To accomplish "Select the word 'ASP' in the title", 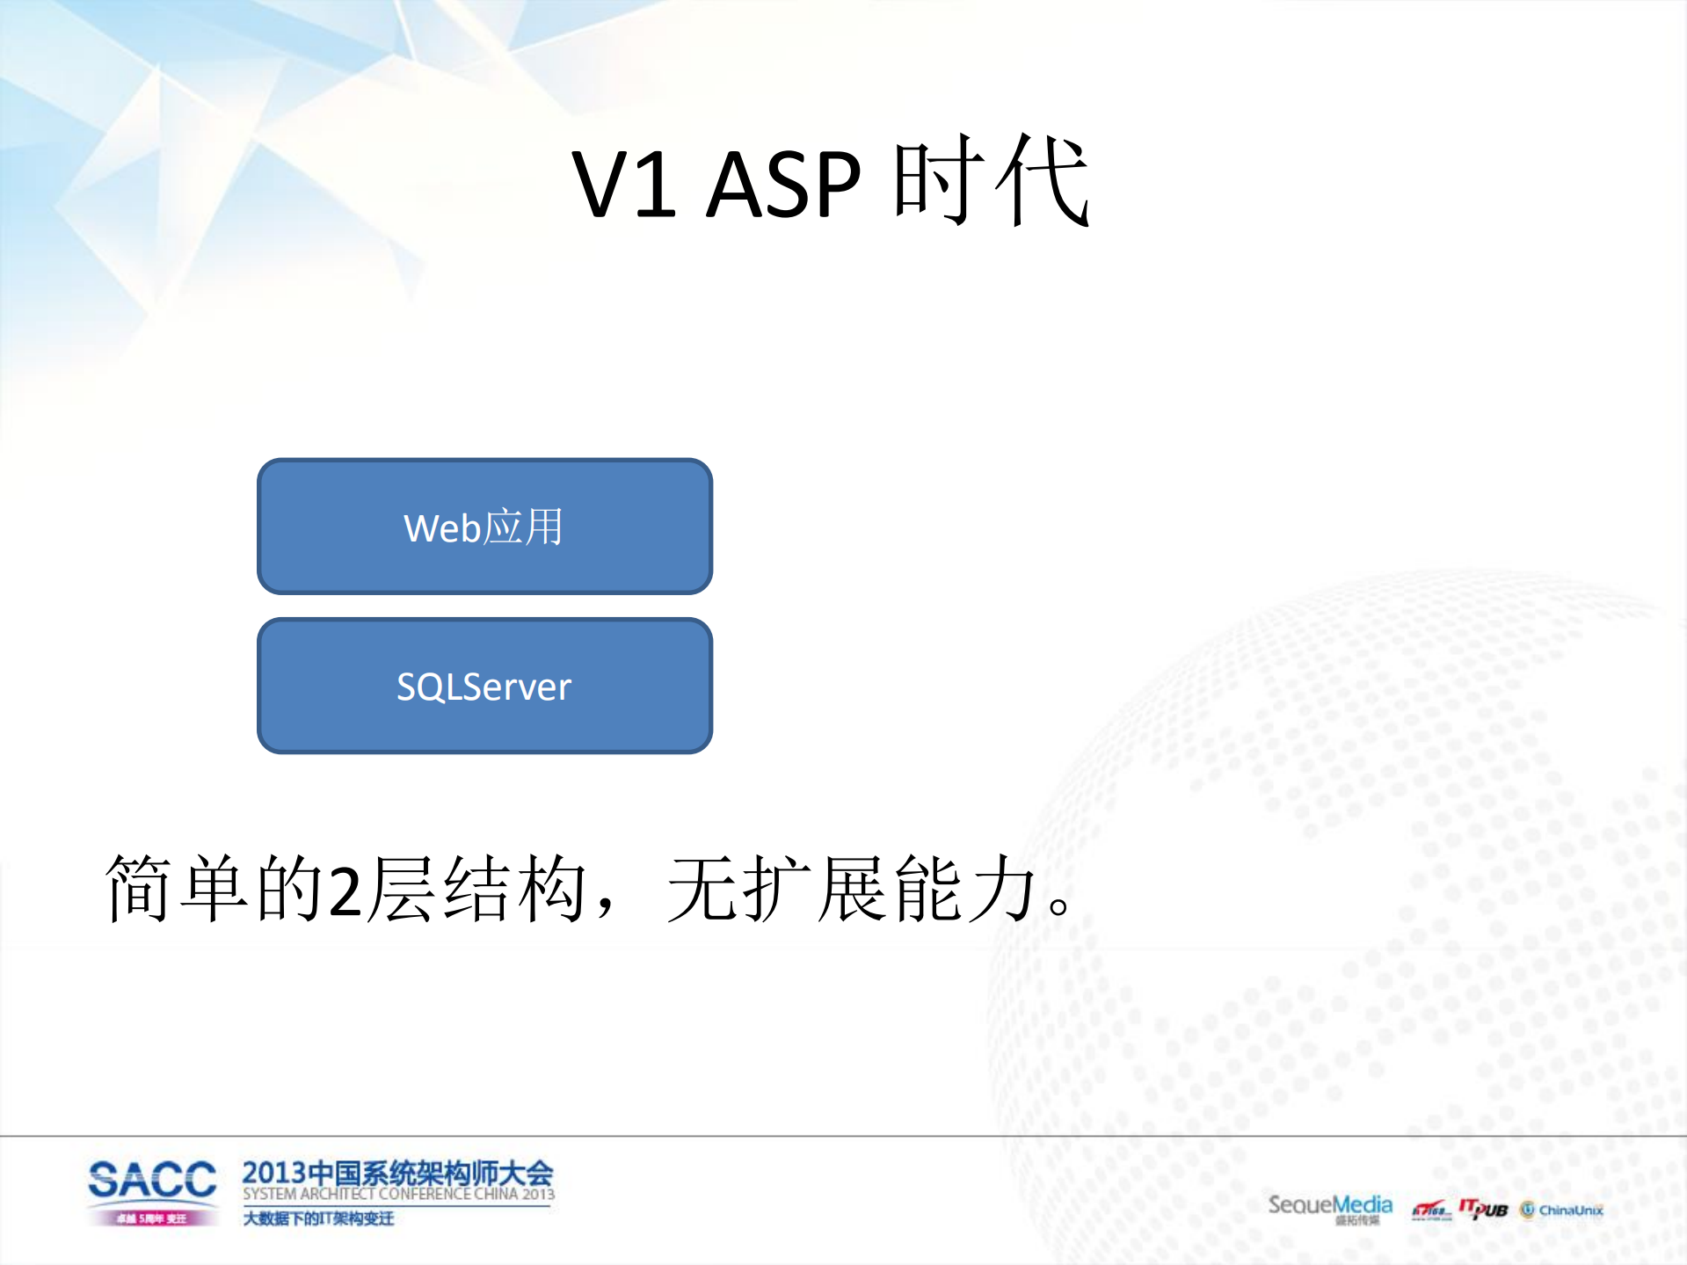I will coord(783,185).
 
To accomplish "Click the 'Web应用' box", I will coord(484,527).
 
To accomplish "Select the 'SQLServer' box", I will coord(484,686).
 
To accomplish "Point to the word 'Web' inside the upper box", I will coord(442,528).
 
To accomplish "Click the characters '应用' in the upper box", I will coord(524,527).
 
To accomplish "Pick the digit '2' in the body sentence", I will coord(345,891).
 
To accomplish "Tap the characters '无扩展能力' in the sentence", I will coord(851,889).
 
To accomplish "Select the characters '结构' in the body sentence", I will coord(515,889).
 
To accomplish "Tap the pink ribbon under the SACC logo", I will coord(152,1218).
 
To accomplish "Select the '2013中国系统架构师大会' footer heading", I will coord(397,1173).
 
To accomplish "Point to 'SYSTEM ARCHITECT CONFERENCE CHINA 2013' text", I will coord(398,1195).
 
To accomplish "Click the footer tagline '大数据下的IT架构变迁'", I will coord(318,1218).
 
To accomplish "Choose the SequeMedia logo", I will coord(1329,1205).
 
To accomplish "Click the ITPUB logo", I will coord(1484,1209).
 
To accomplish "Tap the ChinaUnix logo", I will coord(1562,1210).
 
